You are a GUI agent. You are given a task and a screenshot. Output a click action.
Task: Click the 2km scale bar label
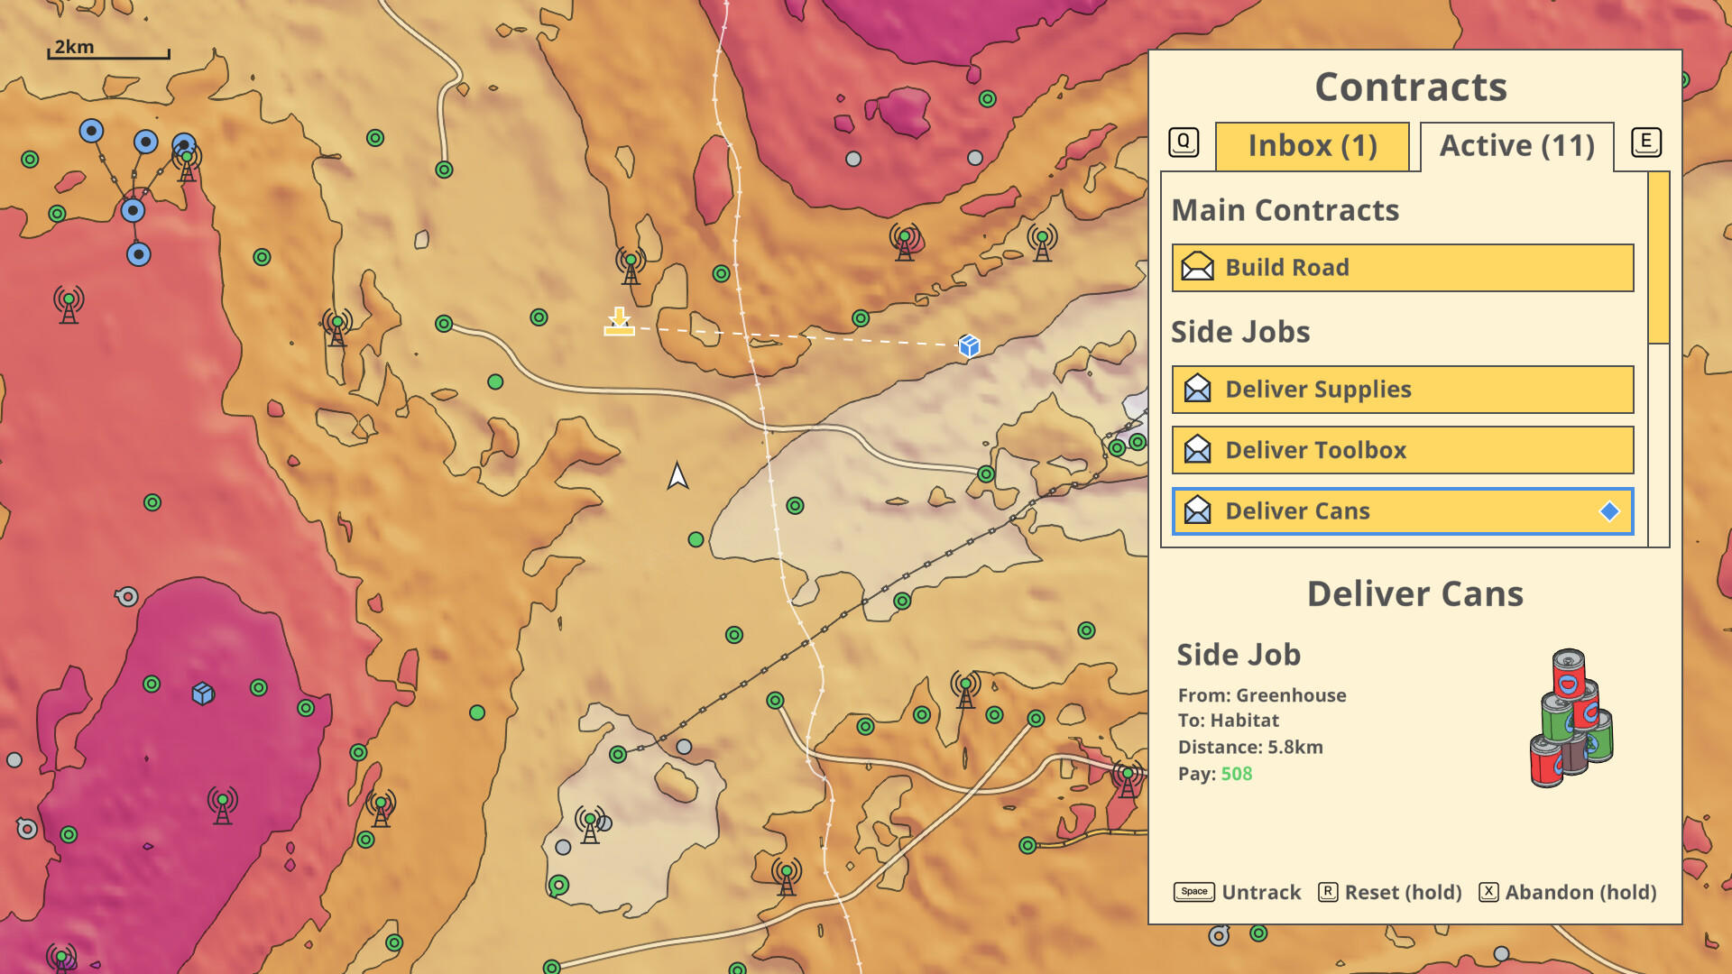(74, 47)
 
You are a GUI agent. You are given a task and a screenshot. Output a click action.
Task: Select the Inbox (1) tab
(1312, 146)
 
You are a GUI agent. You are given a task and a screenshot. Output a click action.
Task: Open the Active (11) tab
(1516, 146)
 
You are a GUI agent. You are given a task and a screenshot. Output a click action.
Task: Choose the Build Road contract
(1402, 268)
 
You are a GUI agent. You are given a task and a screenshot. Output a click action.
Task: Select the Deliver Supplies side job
(1402, 390)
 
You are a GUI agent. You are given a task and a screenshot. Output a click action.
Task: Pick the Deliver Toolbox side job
(1402, 450)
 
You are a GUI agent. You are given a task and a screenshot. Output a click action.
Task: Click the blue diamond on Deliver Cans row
(1609, 511)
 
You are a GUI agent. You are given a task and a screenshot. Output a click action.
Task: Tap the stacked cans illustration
(1571, 719)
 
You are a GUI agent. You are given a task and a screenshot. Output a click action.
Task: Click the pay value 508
(1236, 774)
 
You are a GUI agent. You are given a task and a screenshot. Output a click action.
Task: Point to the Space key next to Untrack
(1193, 892)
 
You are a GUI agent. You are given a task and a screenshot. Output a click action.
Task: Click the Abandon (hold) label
(1580, 892)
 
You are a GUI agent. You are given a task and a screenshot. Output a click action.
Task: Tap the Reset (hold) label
(1403, 892)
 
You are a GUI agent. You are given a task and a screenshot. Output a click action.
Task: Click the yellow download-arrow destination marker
(619, 322)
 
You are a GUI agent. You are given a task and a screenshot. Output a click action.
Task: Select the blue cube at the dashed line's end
(969, 345)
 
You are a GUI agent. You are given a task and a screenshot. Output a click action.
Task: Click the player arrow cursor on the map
(677, 475)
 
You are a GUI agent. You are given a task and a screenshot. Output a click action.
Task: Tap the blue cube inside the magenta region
(203, 693)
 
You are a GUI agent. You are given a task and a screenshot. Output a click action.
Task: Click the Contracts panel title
(1411, 87)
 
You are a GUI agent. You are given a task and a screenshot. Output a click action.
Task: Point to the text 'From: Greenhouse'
(1261, 695)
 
